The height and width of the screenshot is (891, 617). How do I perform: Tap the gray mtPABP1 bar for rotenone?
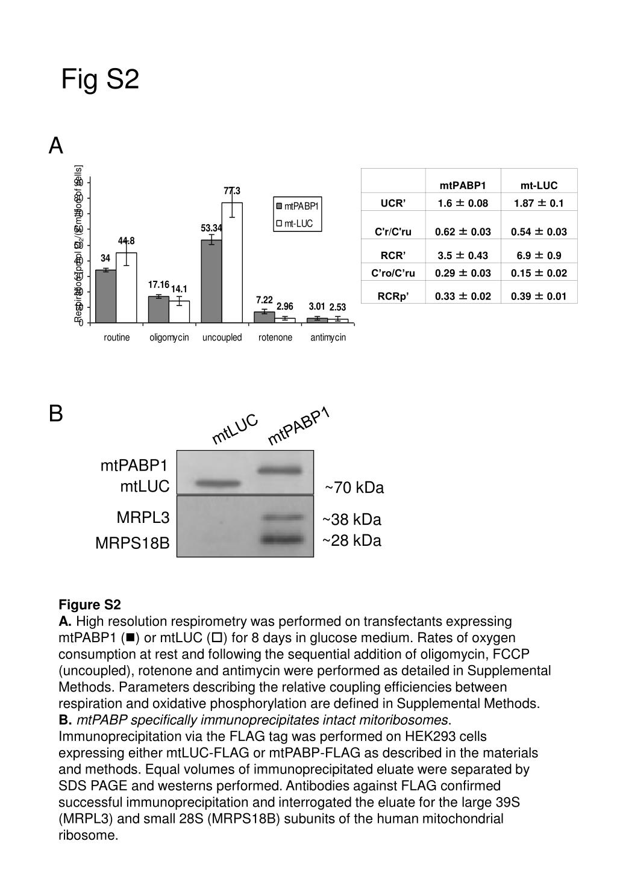click(265, 317)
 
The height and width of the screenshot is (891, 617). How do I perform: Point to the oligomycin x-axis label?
click(169, 337)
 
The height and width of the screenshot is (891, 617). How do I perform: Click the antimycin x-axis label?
click(328, 337)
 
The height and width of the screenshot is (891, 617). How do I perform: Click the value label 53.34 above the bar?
click(212, 228)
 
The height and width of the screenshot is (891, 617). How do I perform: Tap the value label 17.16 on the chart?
click(158, 284)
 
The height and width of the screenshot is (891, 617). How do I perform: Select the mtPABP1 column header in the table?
click(463, 186)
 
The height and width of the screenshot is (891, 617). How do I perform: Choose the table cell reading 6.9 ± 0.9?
click(539, 255)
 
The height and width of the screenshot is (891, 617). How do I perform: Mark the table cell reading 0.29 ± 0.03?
click(463, 273)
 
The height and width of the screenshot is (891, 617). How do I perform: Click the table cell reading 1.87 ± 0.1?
click(539, 203)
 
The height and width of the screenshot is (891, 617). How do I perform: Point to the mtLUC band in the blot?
click(218, 483)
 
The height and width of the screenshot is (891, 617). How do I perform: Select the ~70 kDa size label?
click(354, 488)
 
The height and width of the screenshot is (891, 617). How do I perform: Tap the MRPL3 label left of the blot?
click(143, 517)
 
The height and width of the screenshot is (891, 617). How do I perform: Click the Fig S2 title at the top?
click(100, 80)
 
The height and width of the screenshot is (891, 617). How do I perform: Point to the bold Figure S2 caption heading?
click(90, 605)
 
